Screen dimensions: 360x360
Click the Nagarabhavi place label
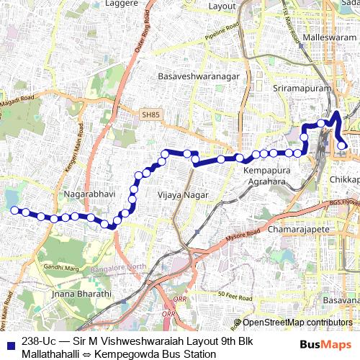pyautogui.click(x=86, y=194)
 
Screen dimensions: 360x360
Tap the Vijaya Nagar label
pyautogui.click(x=183, y=194)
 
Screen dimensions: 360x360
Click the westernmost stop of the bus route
pyautogui.click(x=13, y=210)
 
